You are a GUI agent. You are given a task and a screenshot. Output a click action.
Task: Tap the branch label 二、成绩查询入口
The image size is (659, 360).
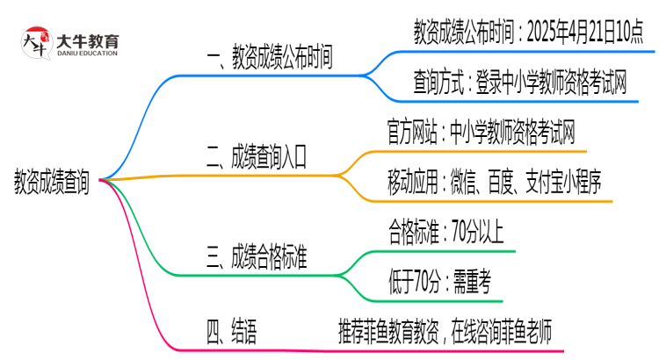(256, 159)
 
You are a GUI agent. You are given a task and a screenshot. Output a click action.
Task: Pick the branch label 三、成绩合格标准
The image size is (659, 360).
(256, 257)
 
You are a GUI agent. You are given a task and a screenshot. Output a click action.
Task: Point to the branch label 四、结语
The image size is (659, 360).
(231, 331)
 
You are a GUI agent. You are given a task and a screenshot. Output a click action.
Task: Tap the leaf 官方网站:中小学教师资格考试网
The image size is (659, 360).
(482, 133)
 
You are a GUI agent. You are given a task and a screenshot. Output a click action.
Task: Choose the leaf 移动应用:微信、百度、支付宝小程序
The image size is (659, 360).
(494, 184)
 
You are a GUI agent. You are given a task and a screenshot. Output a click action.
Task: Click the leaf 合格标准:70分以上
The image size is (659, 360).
(445, 233)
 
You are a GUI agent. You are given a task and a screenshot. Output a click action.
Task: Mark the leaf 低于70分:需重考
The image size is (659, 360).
(438, 282)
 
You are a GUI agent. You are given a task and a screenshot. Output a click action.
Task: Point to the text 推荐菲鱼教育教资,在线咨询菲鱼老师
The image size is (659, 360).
(445, 331)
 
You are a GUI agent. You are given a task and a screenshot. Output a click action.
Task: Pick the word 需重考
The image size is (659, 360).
(472, 282)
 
